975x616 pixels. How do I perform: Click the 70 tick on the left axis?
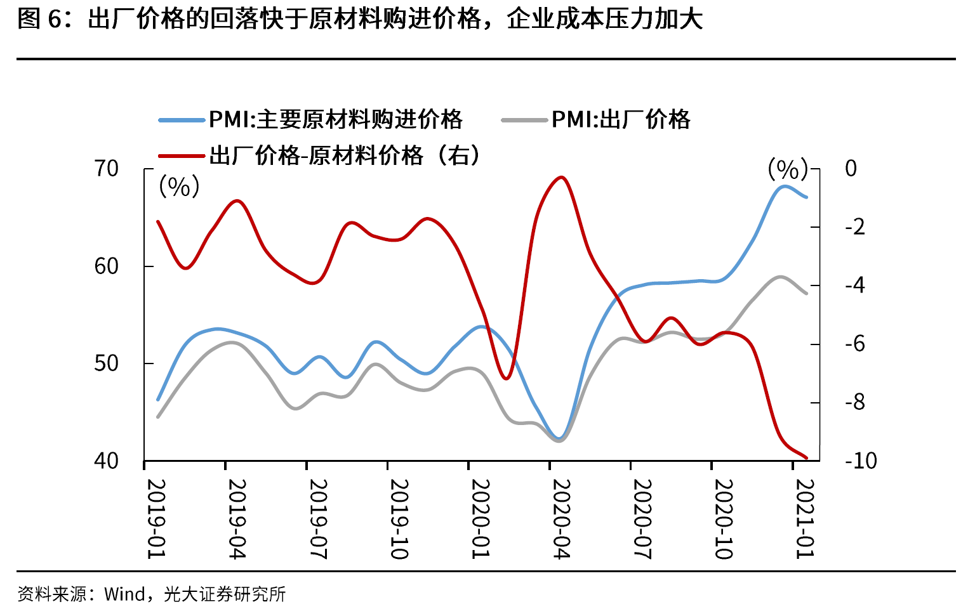click(106, 169)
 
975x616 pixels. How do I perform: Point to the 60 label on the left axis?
click(106, 266)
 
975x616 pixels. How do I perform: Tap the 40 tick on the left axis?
click(106, 461)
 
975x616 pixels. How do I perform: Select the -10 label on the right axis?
click(861, 461)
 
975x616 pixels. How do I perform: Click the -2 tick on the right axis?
click(855, 227)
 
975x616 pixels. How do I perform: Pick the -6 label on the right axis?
click(855, 344)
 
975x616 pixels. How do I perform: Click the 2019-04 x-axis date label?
click(237, 518)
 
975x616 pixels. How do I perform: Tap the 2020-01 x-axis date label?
click(481, 518)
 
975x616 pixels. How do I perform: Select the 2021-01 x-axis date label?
click(805, 518)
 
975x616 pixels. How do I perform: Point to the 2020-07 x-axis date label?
click(642, 518)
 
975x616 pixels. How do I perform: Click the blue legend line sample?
click(182, 120)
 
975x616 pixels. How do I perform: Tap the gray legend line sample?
click(524, 120)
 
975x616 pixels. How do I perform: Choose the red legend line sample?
click(182, 155)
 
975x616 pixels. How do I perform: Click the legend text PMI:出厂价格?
click(620, 119)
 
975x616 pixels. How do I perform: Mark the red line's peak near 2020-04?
click(561, 177)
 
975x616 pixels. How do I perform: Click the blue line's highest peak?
click(785, 186)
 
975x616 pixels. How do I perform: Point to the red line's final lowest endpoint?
click(806, 457)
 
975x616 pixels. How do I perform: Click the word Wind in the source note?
click(124, 594)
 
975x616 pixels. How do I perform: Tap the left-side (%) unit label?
click(179, 187)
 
